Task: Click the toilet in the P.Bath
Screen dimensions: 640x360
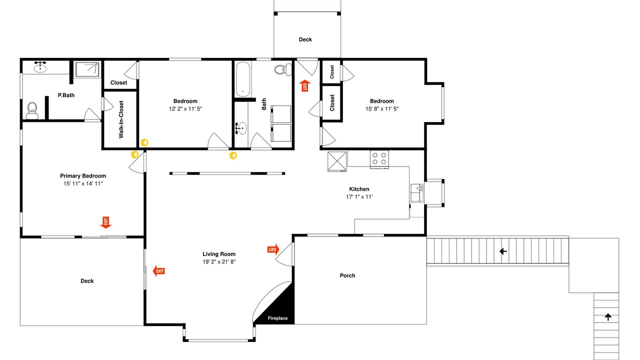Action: coord(32,111)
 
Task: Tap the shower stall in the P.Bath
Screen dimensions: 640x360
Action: coord(87,69)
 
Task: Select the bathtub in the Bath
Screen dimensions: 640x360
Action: coord(243,79)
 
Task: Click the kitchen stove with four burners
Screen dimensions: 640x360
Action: coord(379,159)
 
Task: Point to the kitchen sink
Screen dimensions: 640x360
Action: coord(417,193)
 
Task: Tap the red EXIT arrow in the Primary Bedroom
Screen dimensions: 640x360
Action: coord(105,222)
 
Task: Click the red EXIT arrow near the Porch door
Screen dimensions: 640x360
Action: coord(273,249)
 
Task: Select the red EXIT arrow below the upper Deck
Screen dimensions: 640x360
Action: coord(305,85)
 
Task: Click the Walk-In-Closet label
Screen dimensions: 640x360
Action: coord(121,119)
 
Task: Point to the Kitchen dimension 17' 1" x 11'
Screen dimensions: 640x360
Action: coord(359,197)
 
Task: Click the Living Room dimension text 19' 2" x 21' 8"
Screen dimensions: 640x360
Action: coord(219,261)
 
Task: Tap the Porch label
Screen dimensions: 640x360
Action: coord(347,275)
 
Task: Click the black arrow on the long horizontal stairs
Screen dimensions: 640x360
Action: coord(503,251)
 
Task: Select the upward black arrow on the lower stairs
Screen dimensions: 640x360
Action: coord(608,317)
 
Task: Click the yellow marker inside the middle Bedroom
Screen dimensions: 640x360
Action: coord(144,142)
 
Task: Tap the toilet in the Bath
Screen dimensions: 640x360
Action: coord(283,69)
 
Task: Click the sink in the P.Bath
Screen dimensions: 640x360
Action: coord(40,66)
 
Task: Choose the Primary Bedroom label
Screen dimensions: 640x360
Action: coord(83,176)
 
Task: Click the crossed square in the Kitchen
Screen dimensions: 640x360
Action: coord(337,161)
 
